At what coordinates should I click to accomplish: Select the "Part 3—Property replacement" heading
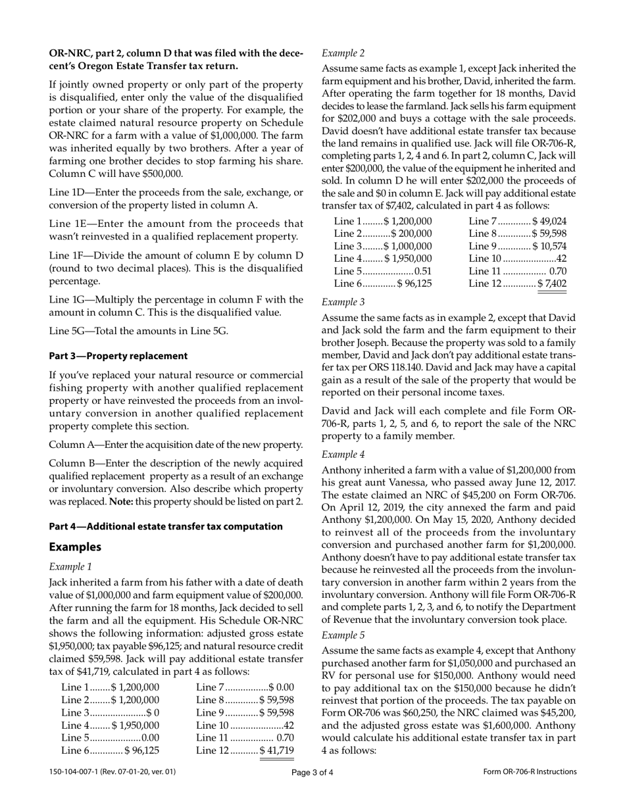tap(118, 356)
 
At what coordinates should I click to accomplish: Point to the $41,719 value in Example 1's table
tap(277, 750)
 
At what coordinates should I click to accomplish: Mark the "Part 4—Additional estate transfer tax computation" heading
tap(166, 526)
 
